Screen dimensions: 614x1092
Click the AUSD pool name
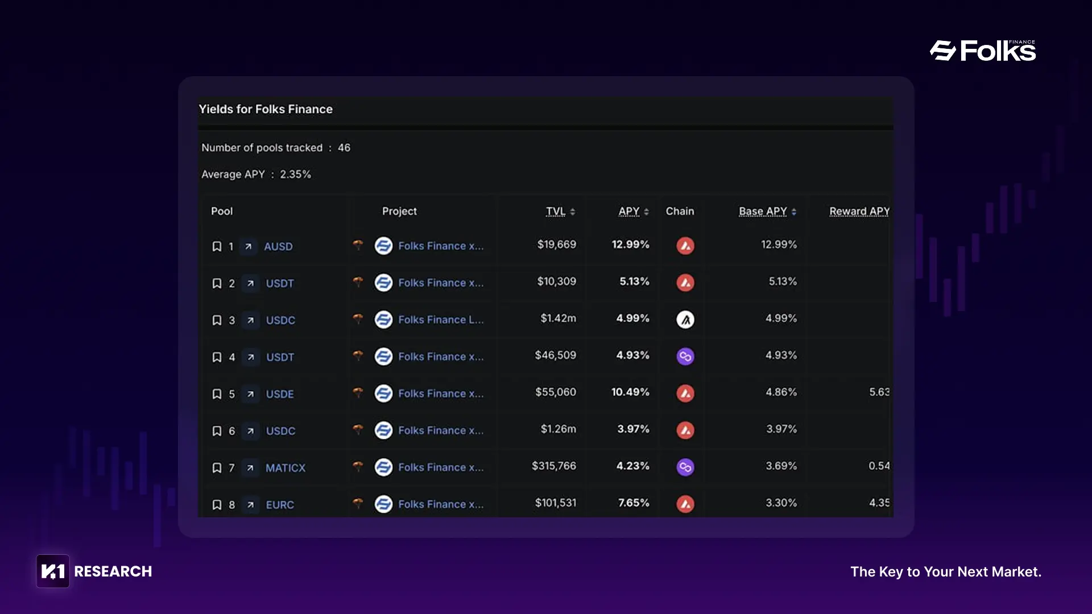278,246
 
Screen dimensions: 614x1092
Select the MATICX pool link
286,468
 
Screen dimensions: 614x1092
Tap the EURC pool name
280,505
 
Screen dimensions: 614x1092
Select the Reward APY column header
859,211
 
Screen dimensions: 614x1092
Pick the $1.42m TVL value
558,318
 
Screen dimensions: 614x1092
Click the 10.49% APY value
630,392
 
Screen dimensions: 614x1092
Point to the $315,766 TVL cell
553,466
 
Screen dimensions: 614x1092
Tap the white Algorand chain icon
685,320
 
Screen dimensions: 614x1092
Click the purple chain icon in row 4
685,356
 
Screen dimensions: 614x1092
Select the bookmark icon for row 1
217,246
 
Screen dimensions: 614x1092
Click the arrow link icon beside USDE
250,394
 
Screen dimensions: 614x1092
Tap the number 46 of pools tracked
344,148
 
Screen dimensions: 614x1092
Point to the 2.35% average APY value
295,175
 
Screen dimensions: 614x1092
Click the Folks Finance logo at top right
983,51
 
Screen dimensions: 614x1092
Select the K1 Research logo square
53,571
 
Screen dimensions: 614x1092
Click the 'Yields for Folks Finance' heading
266,109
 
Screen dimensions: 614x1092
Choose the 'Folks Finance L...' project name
441,320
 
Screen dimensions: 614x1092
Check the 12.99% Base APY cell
779,244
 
